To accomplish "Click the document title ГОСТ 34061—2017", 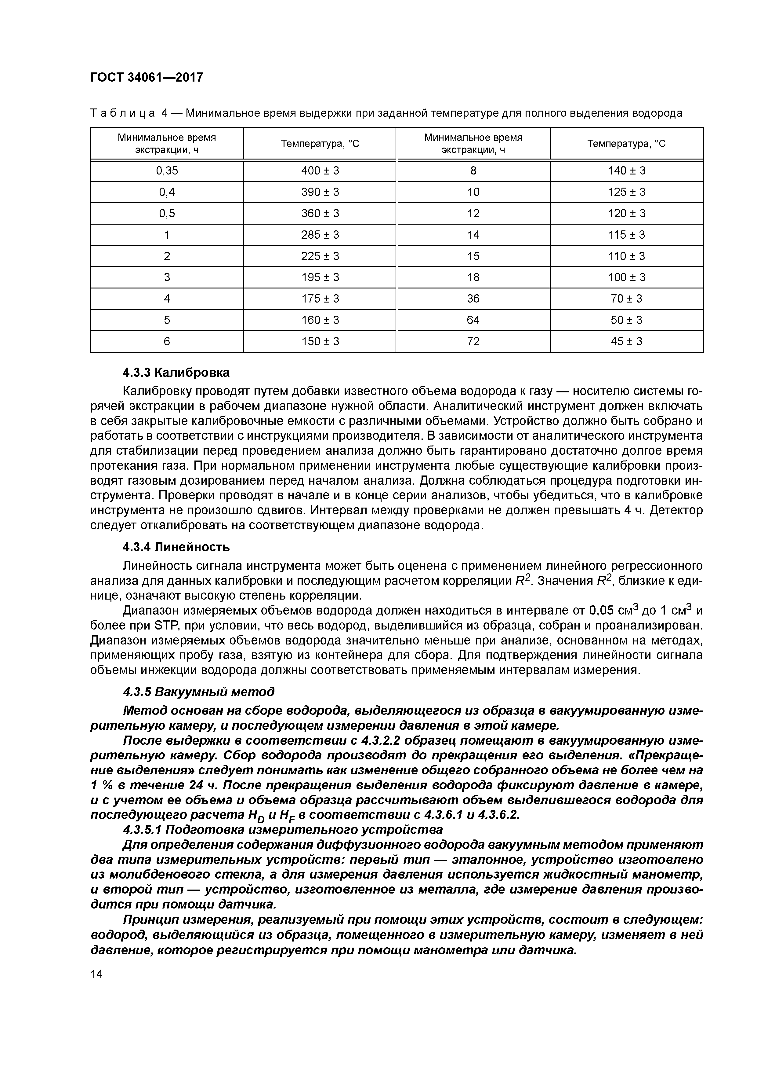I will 147,77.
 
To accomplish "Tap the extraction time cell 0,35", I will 167,171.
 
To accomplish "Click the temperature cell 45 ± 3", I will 626,342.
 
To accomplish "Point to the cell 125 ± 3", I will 626,192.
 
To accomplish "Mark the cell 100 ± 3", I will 626,278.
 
